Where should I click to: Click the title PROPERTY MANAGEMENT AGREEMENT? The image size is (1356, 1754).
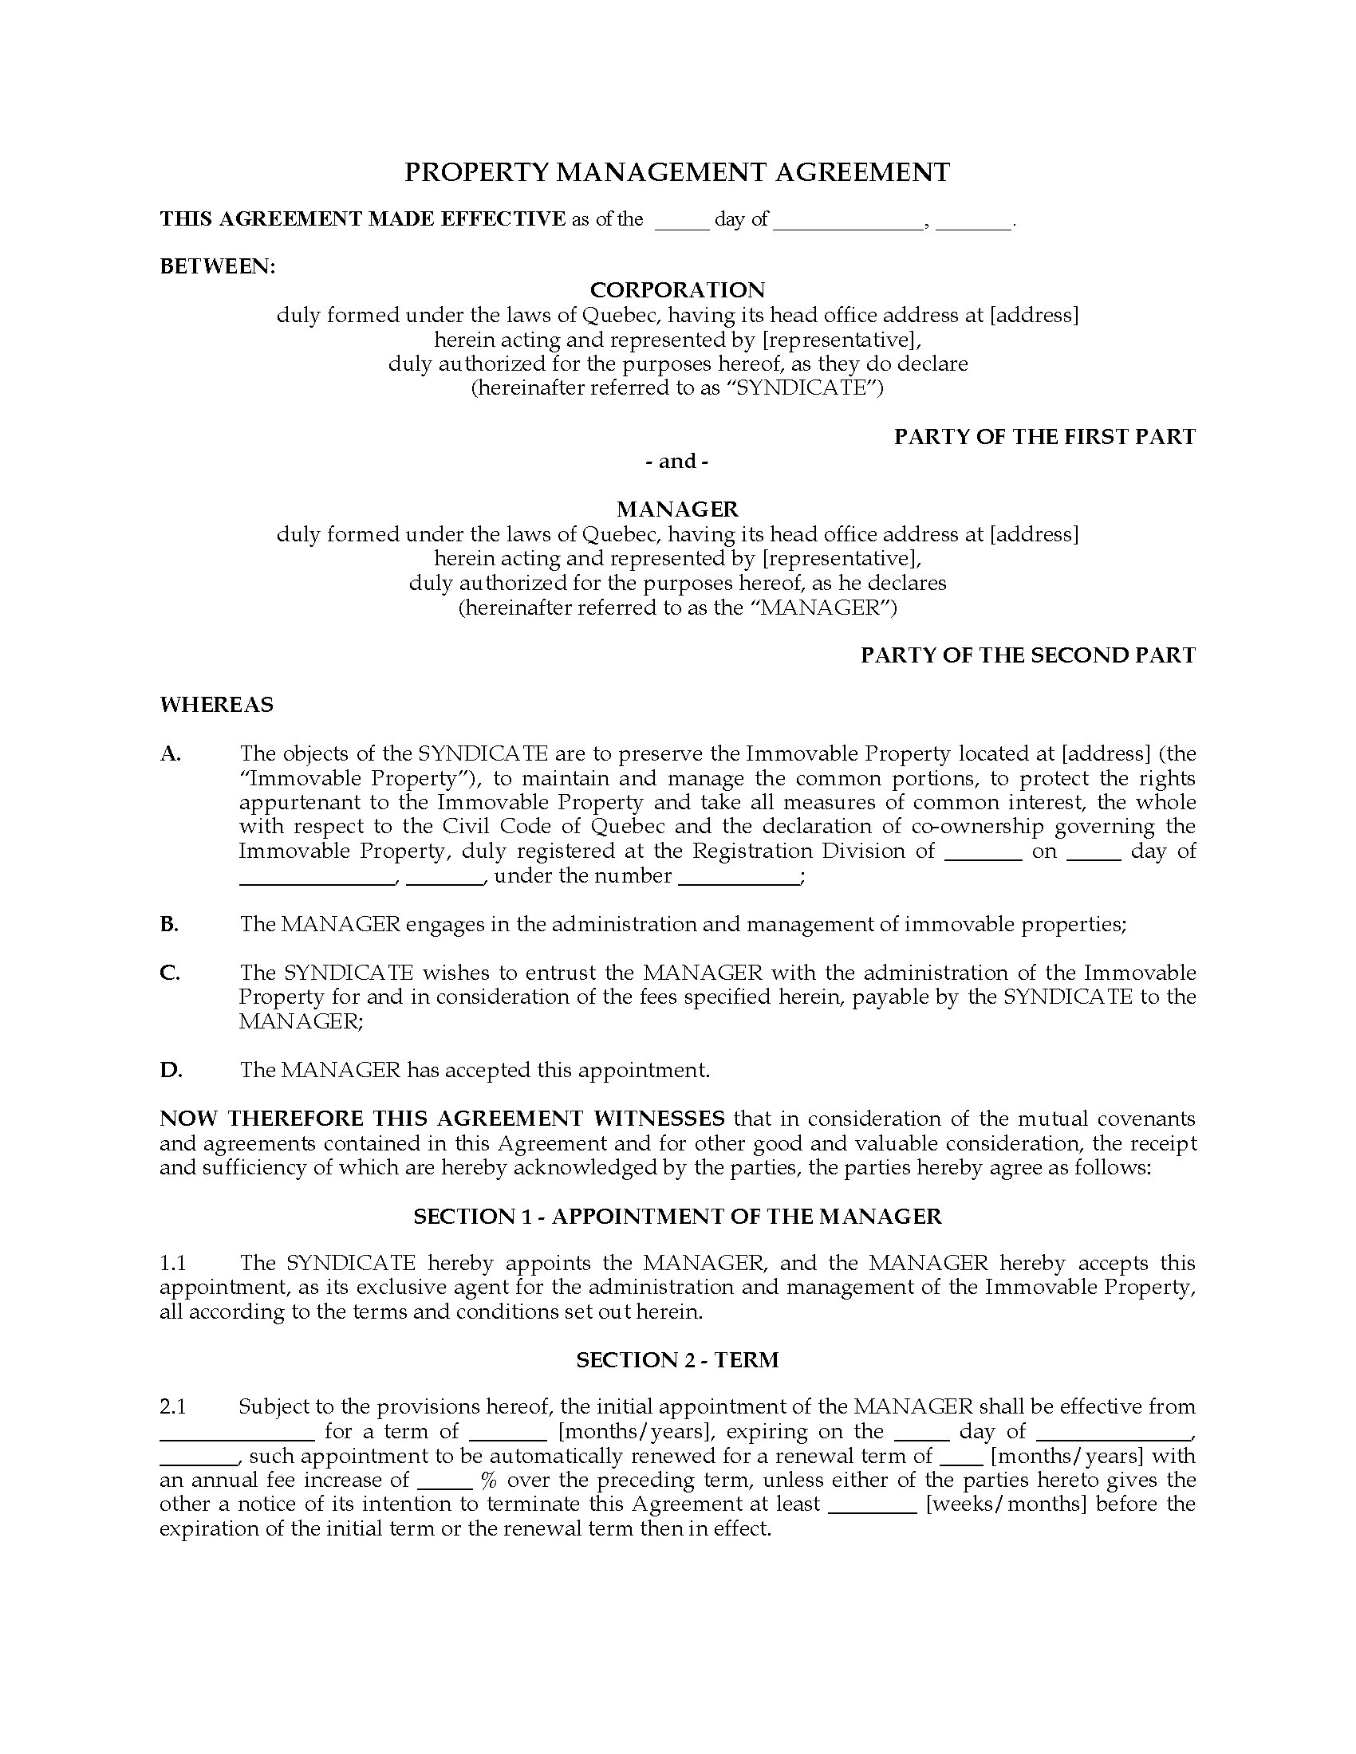pyautogui.click(x=677, y=172)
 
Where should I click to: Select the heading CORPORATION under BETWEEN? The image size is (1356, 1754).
pyautogui.click(x=677, y=289)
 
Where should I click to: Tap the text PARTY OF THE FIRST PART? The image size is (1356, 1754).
pyautogui.click(x=1044, y=437)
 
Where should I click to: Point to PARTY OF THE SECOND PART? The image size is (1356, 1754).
pyautogui.click(x=1027, y=655)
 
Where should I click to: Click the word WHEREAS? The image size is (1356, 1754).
pyautogui.click(x=216, y=704)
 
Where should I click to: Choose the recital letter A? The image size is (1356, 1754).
pyautogui.click(x=171, y=753)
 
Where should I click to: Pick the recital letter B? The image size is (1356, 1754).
pyautogui.click(x=168, y=924)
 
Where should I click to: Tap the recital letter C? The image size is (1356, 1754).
pyautogui.click(x=169, y=973)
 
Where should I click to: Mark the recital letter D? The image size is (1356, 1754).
pyautogui.click(x=171, y=1070)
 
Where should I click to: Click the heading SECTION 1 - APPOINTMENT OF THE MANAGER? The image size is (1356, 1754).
pyautogui.click(x=677, y=1217)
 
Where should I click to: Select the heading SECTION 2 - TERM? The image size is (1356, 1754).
pyautogui.click(x=677, y=1359)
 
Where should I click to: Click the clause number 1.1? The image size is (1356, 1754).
pyautogui.click(x=173, y=1264)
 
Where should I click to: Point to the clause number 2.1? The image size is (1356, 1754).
pyautogui.click(x=173, y=1407)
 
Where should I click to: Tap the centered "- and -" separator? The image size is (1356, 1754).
pyautogui.click(x=677, y=461)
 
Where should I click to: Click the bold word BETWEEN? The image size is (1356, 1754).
pyautogui.click(x=218, y=266)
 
